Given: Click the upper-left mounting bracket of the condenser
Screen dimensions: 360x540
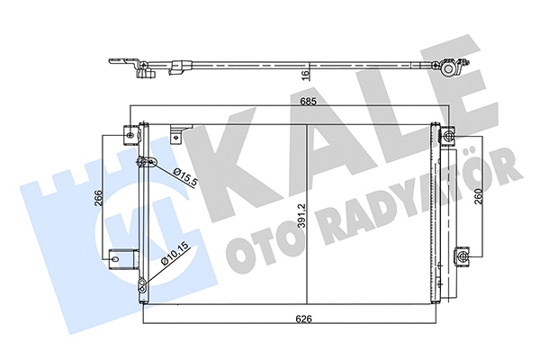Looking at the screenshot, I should (130, 136).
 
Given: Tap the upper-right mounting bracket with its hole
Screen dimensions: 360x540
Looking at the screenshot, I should (448, 136).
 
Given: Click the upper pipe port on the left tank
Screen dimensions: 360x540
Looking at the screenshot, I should (141, 163).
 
